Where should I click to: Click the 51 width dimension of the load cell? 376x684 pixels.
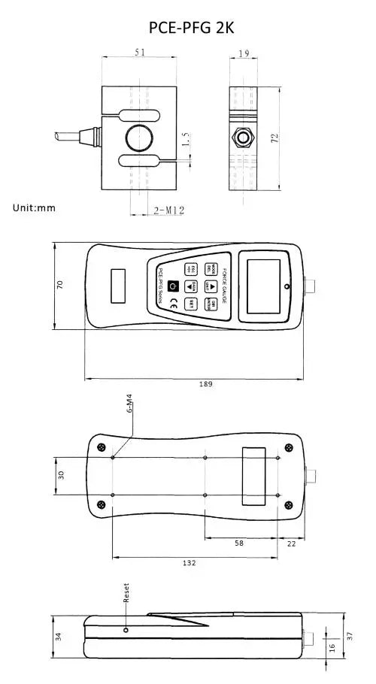pos(140,53)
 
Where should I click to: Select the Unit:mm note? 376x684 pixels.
pos(35,207)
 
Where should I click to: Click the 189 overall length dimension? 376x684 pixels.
pos(205,383)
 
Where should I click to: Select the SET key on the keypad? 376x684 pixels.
pos(192,304)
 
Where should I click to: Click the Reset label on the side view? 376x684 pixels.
pos(126,594)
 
